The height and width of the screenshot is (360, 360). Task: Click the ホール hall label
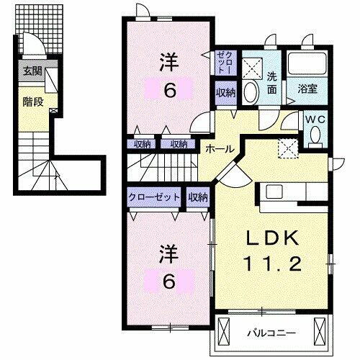click(x=218, y=148)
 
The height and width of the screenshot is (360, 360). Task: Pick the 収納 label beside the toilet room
click(x=225, y=91)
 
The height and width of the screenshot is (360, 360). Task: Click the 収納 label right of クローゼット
click(x=198, y=196)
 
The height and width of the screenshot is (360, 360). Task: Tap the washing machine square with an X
click(x=253, y=68)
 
